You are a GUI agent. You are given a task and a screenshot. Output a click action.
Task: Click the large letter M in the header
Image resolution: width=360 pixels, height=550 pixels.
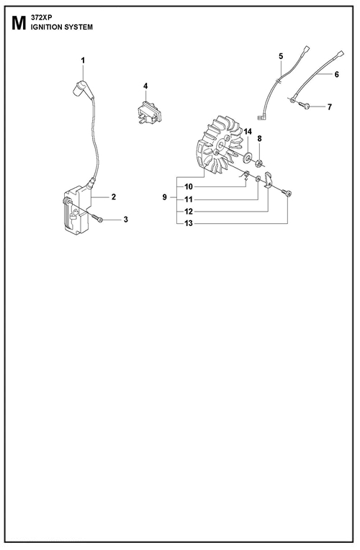click(x=19, y=23)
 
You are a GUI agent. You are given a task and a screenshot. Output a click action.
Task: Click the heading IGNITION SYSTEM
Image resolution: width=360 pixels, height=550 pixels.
click(x=62, y=27)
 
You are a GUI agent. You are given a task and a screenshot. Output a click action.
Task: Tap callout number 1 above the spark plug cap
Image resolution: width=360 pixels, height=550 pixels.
click(x=83, y=60)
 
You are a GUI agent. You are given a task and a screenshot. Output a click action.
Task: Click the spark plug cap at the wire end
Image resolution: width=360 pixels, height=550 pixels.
click(x=80, y=88)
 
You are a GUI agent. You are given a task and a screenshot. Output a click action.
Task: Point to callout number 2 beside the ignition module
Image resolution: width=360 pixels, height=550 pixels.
click(x=114, y=197)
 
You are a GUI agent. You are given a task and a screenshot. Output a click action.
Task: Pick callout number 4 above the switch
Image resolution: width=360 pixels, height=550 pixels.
click(x=145, y=86)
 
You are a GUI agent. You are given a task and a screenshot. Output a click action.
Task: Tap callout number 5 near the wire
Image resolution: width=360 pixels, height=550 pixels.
click(x=281, y=56)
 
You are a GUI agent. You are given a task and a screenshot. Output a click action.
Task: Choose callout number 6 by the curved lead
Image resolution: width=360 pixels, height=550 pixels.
click(x=336, y=74)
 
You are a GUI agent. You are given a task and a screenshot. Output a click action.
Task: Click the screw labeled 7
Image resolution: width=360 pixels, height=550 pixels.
click(x=305, y=104)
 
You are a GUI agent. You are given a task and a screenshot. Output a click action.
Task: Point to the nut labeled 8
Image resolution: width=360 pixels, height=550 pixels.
click(x=258, y=162)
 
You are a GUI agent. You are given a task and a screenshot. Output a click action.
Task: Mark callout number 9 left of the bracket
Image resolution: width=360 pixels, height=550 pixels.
click(x=165, y=197)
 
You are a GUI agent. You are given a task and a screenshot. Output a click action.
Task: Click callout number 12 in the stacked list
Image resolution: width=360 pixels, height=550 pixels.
click(x=189, y=212)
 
